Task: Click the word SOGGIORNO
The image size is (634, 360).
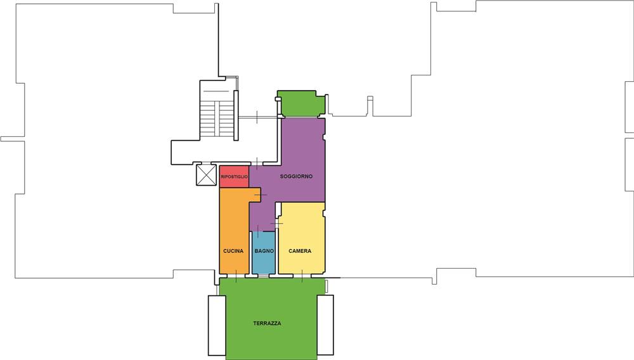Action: point(296,177)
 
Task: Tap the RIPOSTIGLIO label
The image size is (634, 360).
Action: point(234,177)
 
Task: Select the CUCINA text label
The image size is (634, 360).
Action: point(233,251)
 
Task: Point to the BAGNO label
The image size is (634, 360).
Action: point(264,251)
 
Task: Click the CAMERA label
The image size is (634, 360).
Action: point(300,251)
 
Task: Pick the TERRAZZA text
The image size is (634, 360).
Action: point(267,323)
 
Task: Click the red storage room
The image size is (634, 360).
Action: point(234,177)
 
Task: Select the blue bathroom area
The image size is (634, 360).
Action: point(264,252)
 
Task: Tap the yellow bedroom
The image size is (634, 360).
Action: point(302,238)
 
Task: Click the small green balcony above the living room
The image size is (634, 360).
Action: point(301,103)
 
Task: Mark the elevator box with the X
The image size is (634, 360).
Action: point(206,175)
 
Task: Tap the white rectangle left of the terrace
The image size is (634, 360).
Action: point(217,325)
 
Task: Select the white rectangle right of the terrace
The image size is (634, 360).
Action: point(325,325)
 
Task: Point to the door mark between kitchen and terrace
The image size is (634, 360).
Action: point(236,276)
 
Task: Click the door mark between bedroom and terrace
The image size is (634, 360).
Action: point(302,276)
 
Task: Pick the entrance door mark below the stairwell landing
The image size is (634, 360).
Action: point(257,164)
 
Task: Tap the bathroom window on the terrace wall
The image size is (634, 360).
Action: point(263,276)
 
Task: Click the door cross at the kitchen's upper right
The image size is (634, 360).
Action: point(261,195)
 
